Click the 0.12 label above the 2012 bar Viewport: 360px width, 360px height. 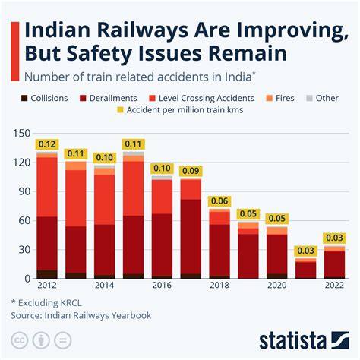[47, 145]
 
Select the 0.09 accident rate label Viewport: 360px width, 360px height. [191, 172]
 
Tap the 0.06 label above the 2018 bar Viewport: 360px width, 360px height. [219, 201]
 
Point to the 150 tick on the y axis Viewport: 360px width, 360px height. [21, 134]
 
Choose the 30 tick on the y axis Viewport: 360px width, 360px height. [24, 249]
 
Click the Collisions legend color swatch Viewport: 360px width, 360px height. [24, 98]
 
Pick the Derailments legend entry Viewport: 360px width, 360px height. [107, 98]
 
